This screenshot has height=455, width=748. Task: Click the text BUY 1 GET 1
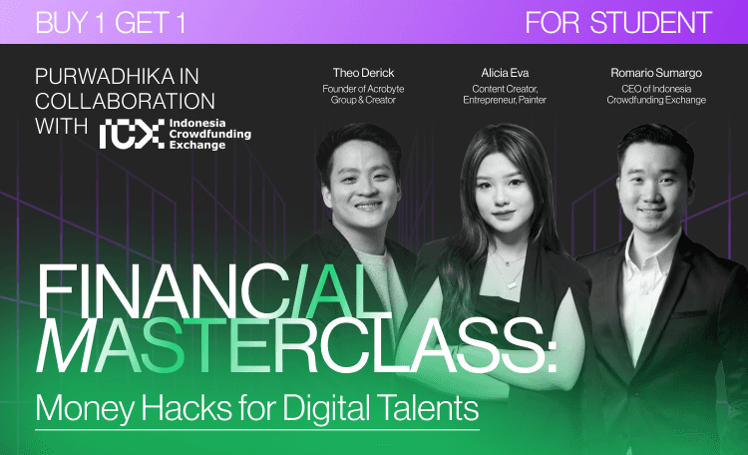(110, 22)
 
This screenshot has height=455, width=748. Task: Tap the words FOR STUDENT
(618, 22)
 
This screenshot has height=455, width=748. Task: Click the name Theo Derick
(363, 73)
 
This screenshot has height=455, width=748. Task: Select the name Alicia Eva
(505, 73)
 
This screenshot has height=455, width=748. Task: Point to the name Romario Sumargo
(656, 73)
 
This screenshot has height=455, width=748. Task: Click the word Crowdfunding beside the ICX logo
(209, 134)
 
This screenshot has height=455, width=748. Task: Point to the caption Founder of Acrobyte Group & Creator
(363, 94)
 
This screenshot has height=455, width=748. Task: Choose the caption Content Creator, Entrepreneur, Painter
(505, 94)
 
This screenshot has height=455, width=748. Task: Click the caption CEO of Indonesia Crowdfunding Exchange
(656, 94)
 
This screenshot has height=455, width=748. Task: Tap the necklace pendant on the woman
(511, 285)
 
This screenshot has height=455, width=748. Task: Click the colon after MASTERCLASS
(551, 353)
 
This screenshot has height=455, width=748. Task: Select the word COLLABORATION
(125, 101)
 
